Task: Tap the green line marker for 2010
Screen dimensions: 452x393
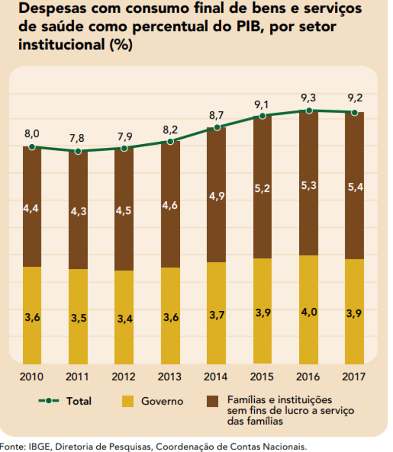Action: coord(32,147)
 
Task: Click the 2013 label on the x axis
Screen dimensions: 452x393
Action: coord(171,377)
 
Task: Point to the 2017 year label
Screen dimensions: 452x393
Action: coord(355,377)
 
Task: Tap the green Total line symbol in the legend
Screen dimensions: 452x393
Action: coord(49,401)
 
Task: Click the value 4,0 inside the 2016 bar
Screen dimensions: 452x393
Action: coord(309,312)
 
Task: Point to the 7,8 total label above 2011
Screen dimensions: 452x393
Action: coord(78,138)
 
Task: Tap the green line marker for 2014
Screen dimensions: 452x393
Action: coord(217,128)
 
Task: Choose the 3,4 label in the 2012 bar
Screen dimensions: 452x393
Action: coord(124,319)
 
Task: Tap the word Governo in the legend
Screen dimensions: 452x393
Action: coord(162,401)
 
